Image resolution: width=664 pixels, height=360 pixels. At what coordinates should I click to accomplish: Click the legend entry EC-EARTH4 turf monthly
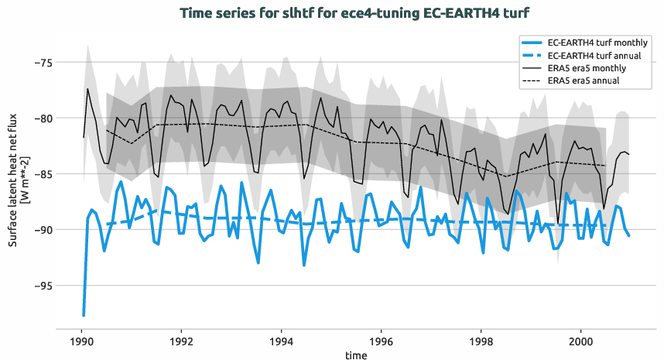(x=597, y=43)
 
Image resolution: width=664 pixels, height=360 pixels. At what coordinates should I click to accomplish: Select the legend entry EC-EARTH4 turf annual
(x=594, y=56)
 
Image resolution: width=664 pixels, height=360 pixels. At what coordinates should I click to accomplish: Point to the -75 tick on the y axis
(x=40, y=63)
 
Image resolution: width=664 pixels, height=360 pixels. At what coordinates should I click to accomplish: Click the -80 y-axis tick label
(x=40, y=118)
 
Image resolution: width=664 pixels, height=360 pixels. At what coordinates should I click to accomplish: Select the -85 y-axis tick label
(x=40, y=174)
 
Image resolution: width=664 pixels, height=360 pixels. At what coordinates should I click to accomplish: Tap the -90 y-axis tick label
(x=40, y=230)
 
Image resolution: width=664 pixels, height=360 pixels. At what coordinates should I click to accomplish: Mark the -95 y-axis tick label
(x=40, y=286)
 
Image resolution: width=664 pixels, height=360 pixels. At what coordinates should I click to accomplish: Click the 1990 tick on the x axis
(x=81, y=341)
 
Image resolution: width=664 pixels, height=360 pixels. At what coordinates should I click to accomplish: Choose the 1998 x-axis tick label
(x=481, y=341)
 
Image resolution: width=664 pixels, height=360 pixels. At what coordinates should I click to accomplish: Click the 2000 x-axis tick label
(x=581, y=341)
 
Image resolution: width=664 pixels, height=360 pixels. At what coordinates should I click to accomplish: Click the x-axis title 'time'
(x=357, y=355)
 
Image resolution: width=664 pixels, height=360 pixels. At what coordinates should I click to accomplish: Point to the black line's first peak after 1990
(x=88, y=88)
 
